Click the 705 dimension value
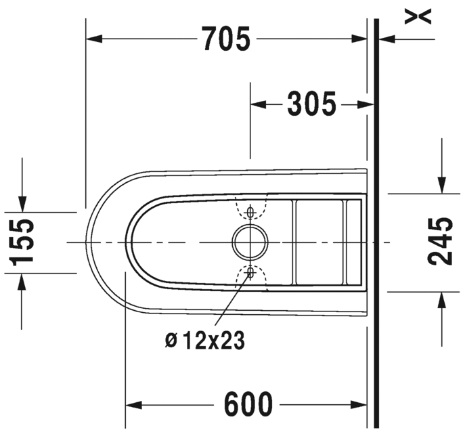pos(226,39)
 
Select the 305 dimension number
pos(312,104)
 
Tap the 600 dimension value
pos(248,404)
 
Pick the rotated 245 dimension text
pos(440,241)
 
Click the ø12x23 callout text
pos(205,340)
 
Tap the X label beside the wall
pos(418,16)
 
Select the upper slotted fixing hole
pos(250,212)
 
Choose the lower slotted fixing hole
pos(250,273)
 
